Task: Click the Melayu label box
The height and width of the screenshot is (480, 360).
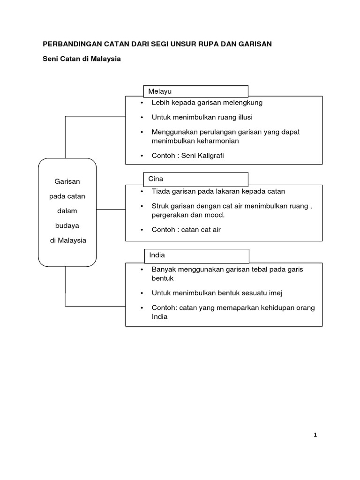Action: (195, 91)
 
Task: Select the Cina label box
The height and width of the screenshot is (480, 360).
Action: (195, 179)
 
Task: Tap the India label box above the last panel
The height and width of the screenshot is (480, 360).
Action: (196, 255)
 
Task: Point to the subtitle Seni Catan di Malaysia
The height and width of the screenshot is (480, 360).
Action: (82, 60)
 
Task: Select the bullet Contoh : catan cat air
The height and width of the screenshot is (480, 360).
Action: (186, 230)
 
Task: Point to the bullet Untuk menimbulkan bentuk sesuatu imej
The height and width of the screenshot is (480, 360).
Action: (217, 293)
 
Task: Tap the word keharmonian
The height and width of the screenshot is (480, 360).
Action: (218, 141)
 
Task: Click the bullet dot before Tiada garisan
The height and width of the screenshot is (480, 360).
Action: (142, 191)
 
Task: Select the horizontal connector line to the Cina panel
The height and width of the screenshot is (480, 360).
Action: (111, 210)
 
